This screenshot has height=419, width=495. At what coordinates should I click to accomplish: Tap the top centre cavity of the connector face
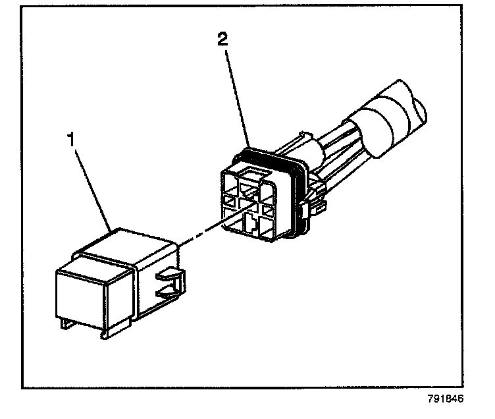(251, 178)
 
